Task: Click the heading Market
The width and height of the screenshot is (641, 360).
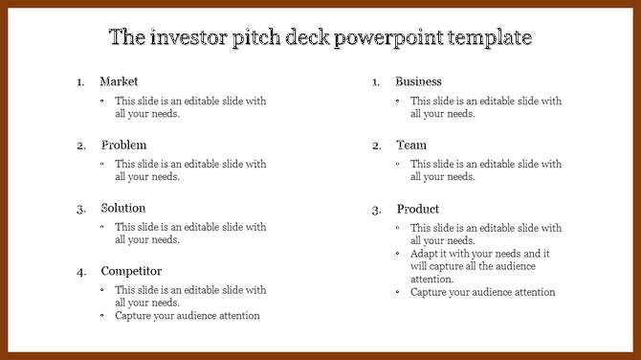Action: (x=119, y=81)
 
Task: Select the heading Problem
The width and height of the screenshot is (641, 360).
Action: (x=123, y=145)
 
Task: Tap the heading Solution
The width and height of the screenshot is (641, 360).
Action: (x=123, y=208)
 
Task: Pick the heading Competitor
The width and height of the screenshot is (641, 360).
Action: (x=131, y=271)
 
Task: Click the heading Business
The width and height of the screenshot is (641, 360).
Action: (x=418, y=81)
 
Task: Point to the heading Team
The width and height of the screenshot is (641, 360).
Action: (x=411, y=145)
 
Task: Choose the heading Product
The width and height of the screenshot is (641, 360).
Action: (x=418, y=209)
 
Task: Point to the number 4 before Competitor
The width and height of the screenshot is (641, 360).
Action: (x=81, y=272)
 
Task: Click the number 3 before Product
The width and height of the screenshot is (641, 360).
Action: (x=376, y=210)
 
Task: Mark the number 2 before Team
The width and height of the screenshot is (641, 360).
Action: (x=376, y=146)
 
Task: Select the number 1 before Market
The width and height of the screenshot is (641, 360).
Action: (x=80, y=82)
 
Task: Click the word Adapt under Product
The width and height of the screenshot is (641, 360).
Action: (x=425, y=254)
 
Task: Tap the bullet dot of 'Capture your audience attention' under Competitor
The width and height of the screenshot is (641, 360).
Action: (x=103, y=315)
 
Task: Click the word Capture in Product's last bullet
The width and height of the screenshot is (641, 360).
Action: (x=429, y=292)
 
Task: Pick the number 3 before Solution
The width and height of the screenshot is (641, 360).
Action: (x=81, y=209)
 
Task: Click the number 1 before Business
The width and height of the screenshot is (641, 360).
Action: (x=376, y=82)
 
